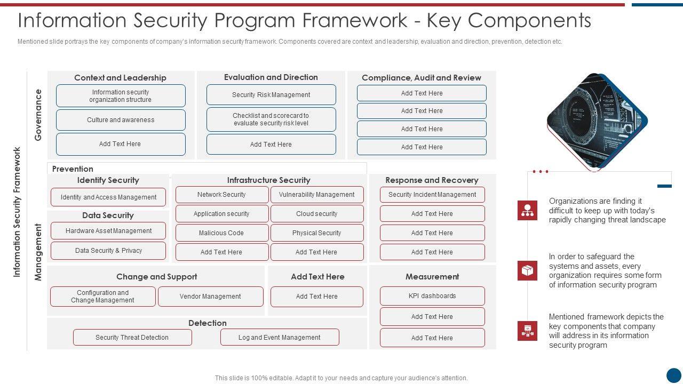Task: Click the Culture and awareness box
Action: tap(121, 120)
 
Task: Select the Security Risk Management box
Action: tap(271, 95)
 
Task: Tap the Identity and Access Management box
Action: tap(108, 197)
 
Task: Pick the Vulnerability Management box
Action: tap(316, 195)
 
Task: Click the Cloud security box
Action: tap(316, 214)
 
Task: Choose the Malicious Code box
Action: tap(221, 233)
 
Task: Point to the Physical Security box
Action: tap(316, 233)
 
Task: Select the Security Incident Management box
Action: tap(432, 195)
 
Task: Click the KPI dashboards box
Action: tap(432, 296)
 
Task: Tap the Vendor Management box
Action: tap(210, 297)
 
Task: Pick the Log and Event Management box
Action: tap(280, 338)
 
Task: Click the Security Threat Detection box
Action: tap(132, 338)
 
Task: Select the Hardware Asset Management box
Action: tap(108, 231)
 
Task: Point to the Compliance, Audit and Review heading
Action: tap(422, 78)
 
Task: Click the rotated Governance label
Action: tap(38, 115)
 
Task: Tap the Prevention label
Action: tap(73, 169)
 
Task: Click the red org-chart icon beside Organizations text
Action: tap(527, 211)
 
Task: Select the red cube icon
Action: tap(527, 271)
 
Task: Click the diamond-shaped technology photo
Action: tap(597, 122)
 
